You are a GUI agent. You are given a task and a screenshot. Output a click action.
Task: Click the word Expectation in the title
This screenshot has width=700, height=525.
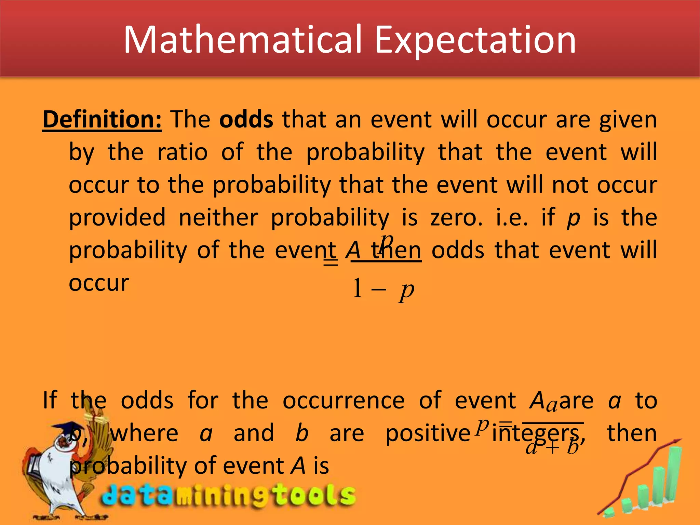[475, 40]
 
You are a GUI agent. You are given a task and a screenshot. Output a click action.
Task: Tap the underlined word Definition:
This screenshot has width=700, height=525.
[102, 119]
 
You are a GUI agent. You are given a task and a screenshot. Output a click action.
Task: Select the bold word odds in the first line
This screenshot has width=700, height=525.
[246, 119]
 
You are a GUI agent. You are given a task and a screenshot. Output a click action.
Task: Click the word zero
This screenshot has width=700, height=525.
[456, 217]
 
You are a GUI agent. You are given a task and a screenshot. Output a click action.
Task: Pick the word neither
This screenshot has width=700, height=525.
[218, 217]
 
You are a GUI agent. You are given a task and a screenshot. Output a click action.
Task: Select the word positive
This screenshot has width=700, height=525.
[428, 433]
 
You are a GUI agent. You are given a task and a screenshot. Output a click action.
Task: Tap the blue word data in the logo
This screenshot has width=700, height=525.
[137, 496]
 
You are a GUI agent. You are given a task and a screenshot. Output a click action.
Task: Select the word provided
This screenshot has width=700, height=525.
[117, 217]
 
